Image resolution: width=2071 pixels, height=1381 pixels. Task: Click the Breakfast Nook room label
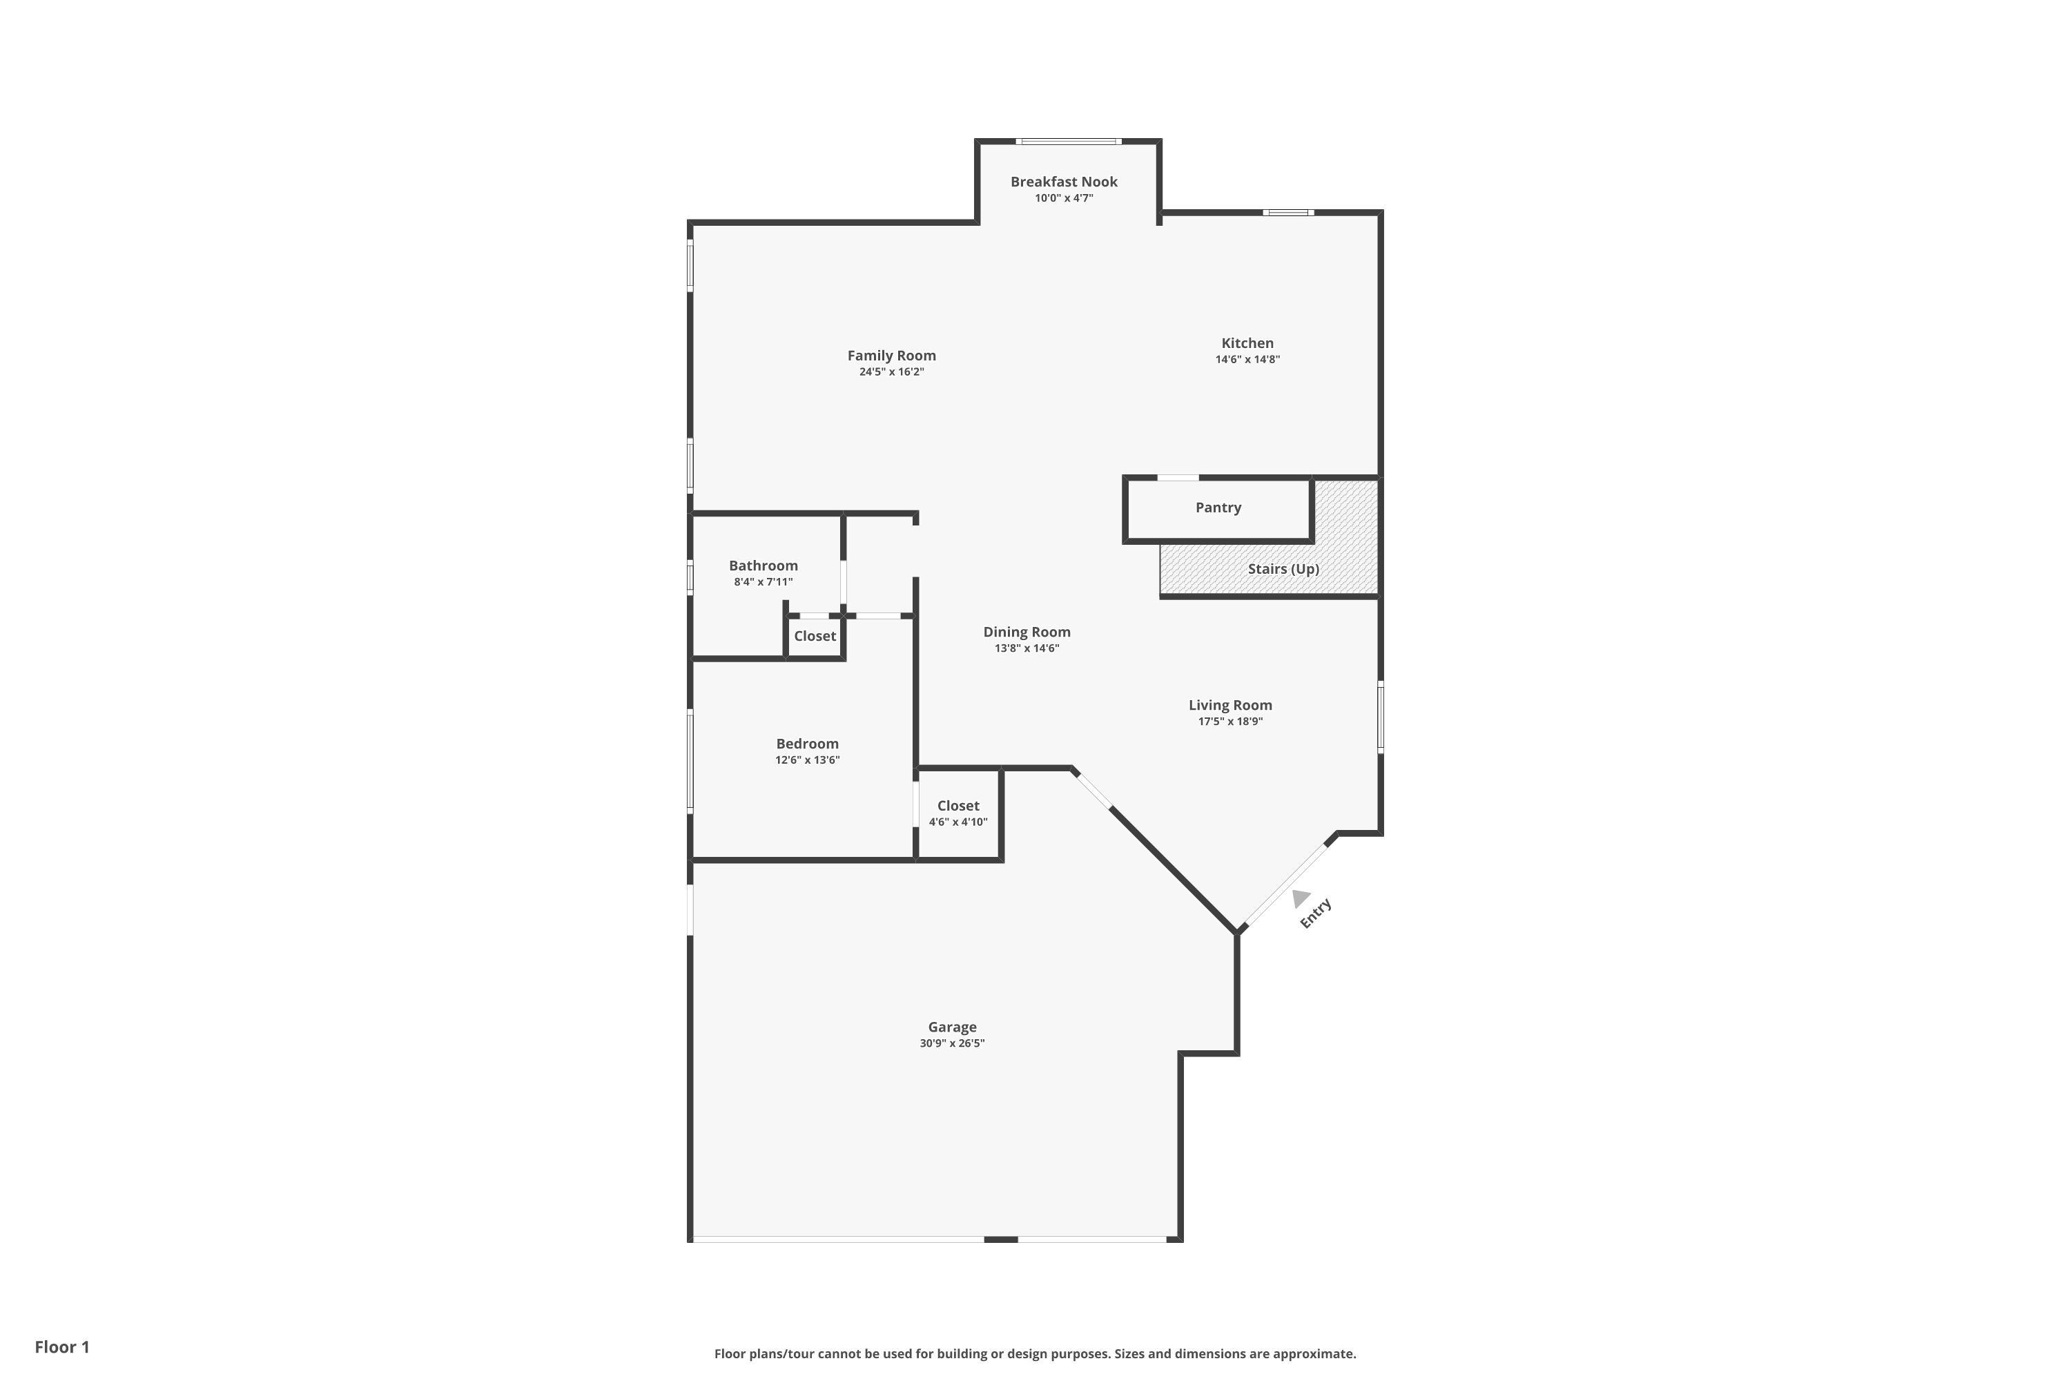coord(1064,182)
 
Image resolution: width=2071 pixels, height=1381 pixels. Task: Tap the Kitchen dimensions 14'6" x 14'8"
coord(1247,359)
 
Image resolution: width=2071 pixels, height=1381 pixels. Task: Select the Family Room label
coord(891,356)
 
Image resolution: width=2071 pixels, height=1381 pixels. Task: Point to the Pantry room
coord(1218,508)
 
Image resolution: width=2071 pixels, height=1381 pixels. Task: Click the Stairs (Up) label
coord(1283,569)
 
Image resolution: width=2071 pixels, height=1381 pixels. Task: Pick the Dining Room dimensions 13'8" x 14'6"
coord(1027,648)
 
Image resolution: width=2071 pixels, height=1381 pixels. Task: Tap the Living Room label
coord(1229,704)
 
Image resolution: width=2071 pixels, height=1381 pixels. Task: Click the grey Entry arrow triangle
coord(1300,898)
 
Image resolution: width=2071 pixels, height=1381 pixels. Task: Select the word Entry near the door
coord(1316,914)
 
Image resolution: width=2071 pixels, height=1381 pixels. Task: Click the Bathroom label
coord(763,566)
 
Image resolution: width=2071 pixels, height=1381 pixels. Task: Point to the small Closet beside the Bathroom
coord(815,636)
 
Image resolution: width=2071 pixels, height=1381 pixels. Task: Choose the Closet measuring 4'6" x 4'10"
coord(958,814)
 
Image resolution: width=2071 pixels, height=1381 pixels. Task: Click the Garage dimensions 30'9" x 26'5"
coord(952,1043)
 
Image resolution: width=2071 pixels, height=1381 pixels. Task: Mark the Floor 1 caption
coord(61,1346)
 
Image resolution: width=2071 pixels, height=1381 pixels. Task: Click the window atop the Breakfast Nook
coord(1068,141)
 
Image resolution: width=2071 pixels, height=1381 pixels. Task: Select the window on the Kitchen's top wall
coord(1288,212)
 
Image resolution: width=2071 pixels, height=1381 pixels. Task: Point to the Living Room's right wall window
coord(1380,717)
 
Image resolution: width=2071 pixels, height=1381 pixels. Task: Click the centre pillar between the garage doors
coord(1000,1239)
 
